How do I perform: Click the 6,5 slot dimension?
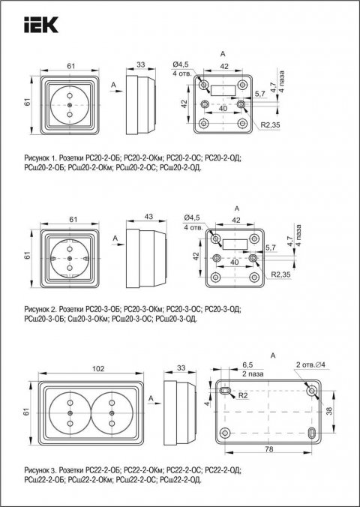click(226, 365)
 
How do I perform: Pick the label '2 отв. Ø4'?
click(310, 364)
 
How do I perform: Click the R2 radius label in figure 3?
click(243, 395)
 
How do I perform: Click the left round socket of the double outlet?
click(69, 412)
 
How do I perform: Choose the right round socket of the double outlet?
click(110, 412)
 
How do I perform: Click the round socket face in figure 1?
click(69, 106)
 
